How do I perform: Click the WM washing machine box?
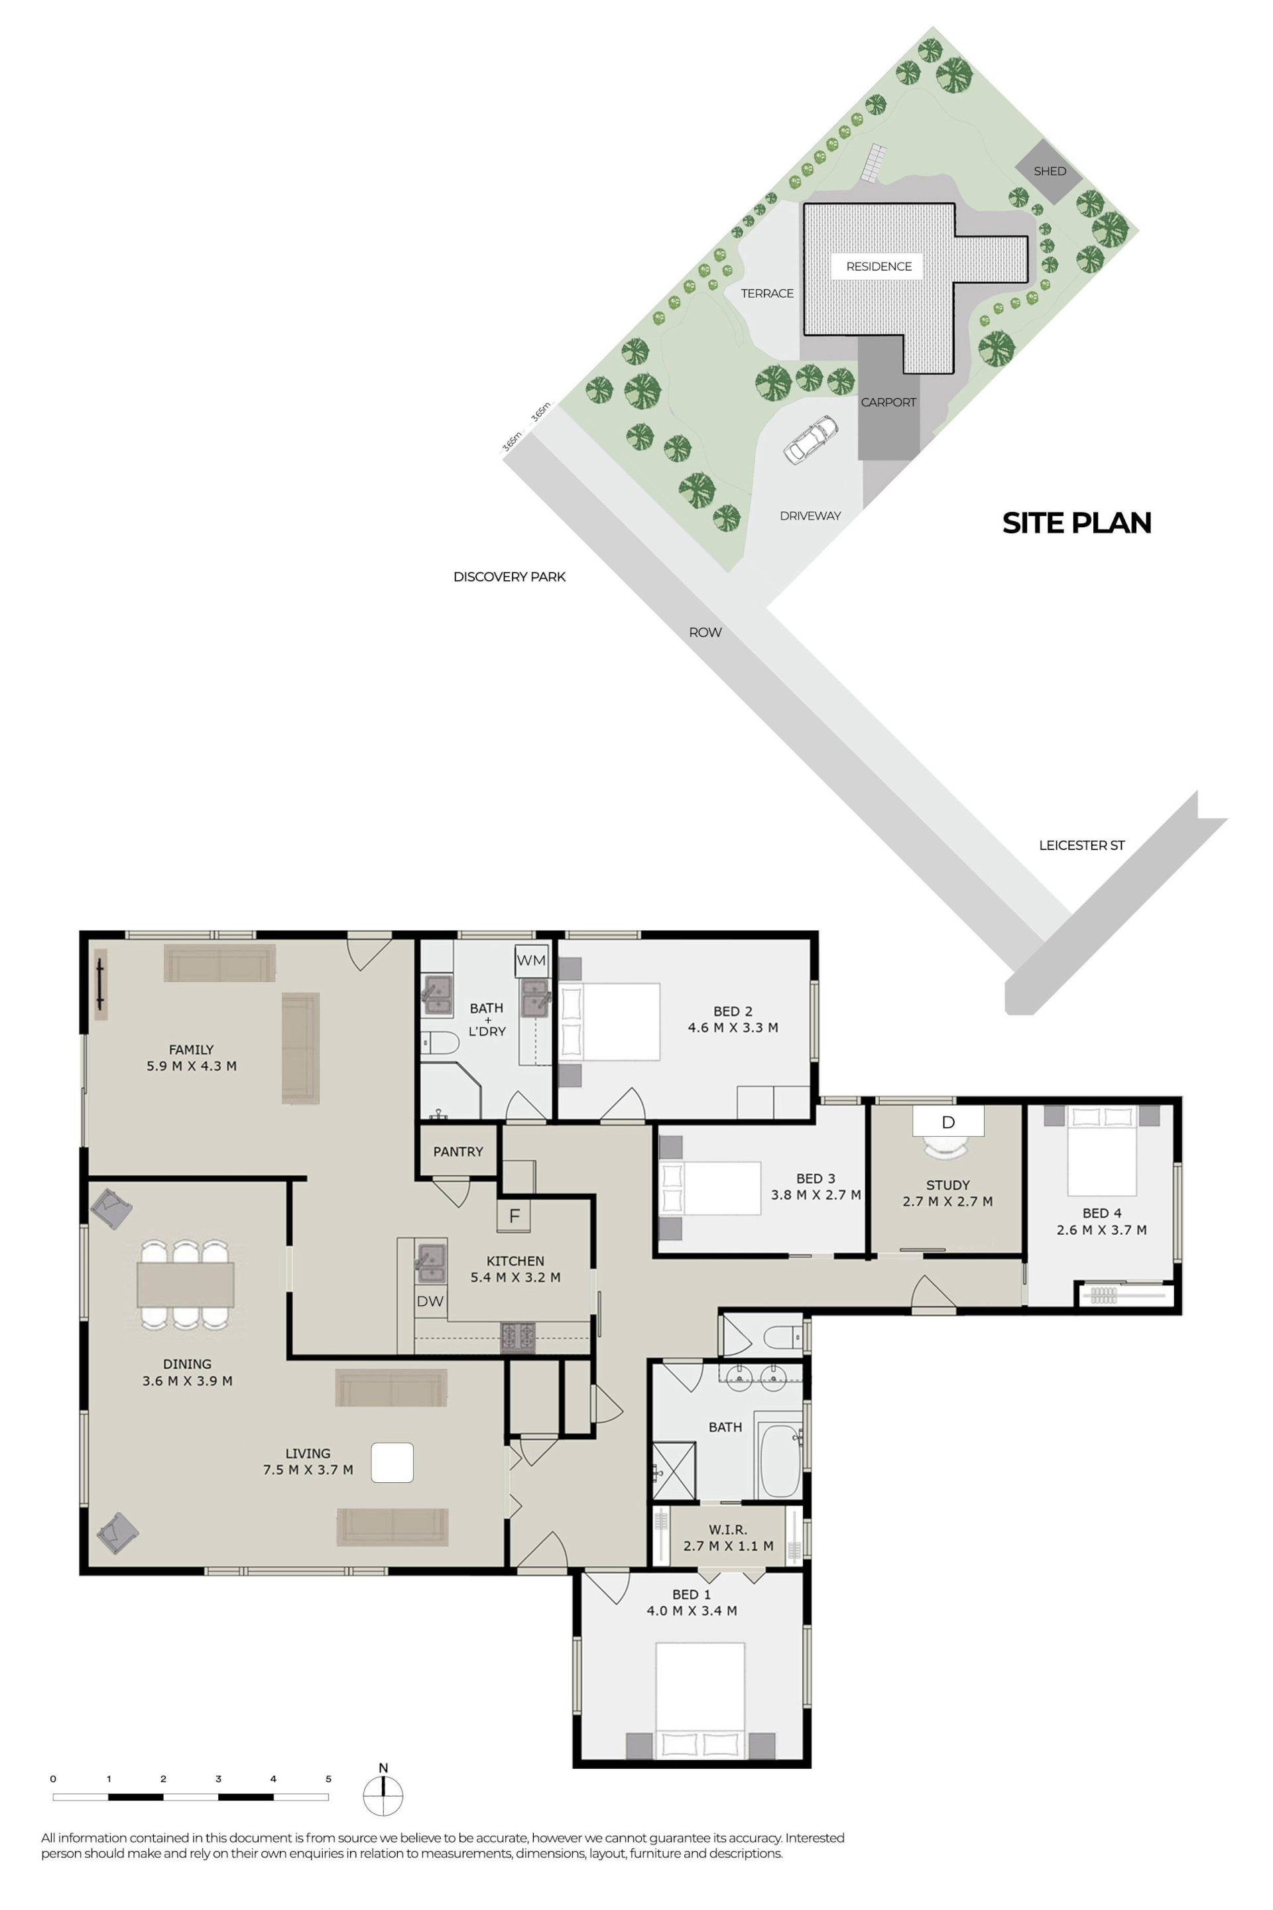(x=532, y=960)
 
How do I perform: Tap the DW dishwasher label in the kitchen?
(x=430, y=1301)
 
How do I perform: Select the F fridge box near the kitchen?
(x=514, y=1216)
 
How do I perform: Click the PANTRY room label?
(x=458, y=1151)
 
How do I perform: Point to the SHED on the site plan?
(x=1049, y=171)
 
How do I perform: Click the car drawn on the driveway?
(x=810, y=439)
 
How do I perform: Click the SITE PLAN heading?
(x=1077, y=523)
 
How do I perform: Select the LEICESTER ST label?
(x=1081, y=846)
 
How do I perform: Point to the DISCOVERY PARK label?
(x=509, y=576)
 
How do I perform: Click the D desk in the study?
(x=948, y=1121)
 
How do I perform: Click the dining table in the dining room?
(x=185, y=1284)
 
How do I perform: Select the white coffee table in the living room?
(x=392, y=1462)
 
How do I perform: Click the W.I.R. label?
(x=727, y=1529)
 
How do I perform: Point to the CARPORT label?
(x=888, y=402)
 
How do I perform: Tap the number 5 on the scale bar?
(x=329, y=1779)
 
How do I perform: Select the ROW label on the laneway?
(x=705, y=632)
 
